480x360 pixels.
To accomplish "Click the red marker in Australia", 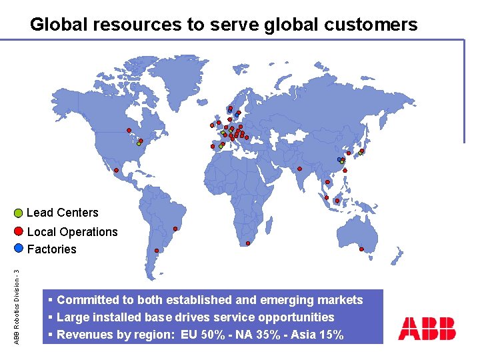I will tap(361, 249).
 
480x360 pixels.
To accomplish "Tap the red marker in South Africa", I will tap(248, 243).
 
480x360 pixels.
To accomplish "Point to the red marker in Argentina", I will tap(157, 251).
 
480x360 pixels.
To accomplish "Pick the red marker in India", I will tap(300, 168).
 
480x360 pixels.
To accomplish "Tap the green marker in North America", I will tap(139, 143).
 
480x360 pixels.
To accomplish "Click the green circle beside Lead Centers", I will tap(19, 214).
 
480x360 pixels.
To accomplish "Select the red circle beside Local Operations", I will tap(19, 232).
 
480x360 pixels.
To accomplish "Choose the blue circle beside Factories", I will tap(19, 248).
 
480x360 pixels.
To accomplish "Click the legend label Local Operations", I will tap(72, 232).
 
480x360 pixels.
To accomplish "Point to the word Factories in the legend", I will tap(51, 249).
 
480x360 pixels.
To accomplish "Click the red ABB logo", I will tap(427, 328).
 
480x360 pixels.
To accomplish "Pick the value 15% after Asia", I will tap(330, 335).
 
